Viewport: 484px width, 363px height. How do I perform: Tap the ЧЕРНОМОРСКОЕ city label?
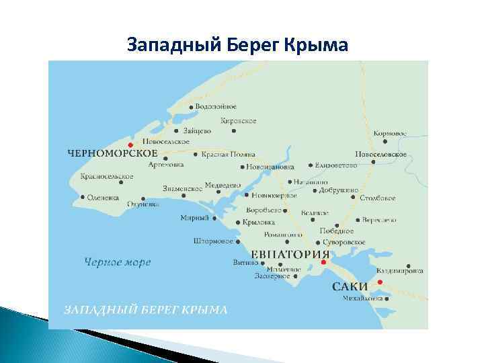point(108,153)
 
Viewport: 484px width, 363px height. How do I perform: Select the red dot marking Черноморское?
point(130,144)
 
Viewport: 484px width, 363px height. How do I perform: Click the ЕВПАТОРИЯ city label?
point(290,254)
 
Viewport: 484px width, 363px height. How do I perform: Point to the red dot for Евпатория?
point(323,263)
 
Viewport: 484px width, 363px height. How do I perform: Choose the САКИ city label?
point(350,286)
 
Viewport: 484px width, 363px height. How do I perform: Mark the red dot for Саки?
point(379,282)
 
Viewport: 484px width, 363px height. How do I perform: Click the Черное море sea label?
point(118,261)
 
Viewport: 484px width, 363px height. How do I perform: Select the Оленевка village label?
point(104,198)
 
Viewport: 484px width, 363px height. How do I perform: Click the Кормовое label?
point(390,133)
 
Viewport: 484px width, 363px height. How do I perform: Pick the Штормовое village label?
point(213,240)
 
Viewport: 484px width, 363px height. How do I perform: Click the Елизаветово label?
point(337,165)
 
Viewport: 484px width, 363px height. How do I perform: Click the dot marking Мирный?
point(214,218)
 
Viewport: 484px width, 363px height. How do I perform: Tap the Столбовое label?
point(378,198)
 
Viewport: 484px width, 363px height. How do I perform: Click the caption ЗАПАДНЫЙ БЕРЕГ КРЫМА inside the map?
point(145,310)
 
